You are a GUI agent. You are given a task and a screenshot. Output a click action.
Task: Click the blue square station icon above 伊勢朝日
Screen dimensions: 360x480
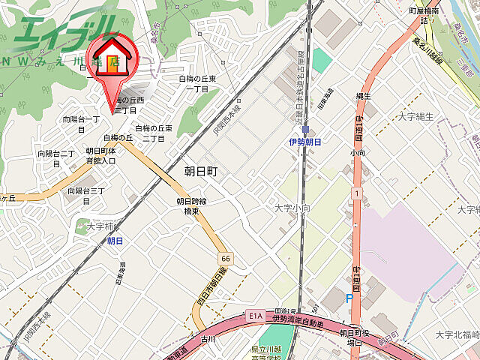click(305, 130)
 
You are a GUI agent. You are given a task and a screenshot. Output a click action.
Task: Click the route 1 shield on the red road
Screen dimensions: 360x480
click(358, 193)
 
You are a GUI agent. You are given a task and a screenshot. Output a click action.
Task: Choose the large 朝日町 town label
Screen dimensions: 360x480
click(200, 172)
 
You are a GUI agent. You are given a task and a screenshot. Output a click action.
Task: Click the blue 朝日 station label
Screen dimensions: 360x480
click(115, 241)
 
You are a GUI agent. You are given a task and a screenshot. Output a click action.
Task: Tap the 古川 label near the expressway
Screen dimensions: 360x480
click(208, 339)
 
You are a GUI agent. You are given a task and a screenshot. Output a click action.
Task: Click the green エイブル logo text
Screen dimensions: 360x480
click(64, 30)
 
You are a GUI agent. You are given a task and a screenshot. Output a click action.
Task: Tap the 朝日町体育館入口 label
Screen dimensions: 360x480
click(100, 155)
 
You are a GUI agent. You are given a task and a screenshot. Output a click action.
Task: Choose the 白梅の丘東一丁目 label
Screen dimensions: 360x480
click(196, 83)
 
